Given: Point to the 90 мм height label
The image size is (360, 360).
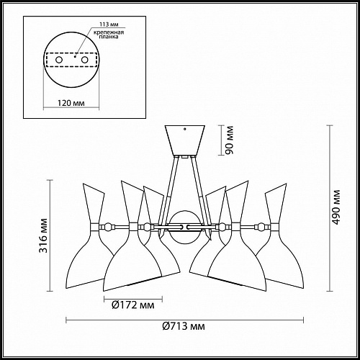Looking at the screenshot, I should coord(228,140).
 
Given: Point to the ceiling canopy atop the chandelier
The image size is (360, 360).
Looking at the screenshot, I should coord(186,140).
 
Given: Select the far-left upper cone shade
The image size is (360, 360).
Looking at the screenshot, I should coord(92,204).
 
